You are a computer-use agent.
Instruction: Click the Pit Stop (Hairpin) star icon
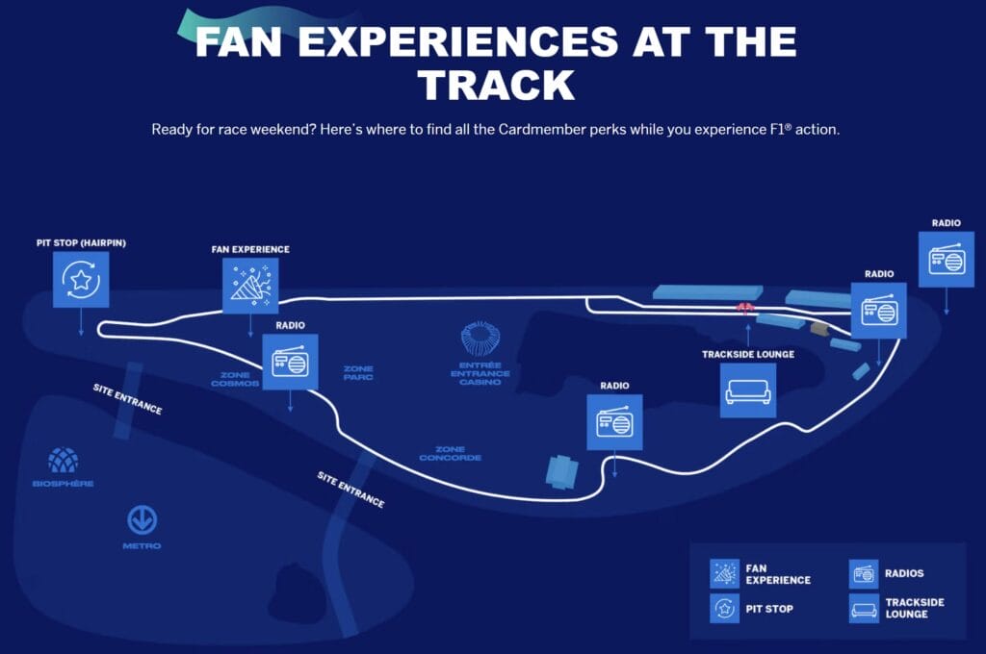(81, 280)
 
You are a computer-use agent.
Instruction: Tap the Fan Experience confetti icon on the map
(250, 286)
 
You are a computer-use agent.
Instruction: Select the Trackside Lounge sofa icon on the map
(748, 390)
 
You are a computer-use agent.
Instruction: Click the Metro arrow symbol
(143, 520)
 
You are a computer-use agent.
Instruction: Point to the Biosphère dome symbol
(64, 461)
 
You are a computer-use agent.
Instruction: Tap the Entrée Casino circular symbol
(480, 340)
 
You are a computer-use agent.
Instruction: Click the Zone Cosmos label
(236, 379)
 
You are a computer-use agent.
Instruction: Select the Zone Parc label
(358, 373)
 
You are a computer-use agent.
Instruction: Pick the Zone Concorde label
(450, 453)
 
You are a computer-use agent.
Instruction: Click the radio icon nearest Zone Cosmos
(290, 362)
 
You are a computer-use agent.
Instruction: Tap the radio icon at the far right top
(947, 259)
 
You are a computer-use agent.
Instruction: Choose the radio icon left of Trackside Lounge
(614, 422)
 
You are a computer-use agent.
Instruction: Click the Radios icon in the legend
(864, 574)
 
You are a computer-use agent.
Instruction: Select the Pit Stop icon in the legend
(724, 609)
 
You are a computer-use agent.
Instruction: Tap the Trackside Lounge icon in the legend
(864, 609)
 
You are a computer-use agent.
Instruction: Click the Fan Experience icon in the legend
(724, 574)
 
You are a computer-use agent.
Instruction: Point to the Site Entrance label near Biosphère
(127, 399)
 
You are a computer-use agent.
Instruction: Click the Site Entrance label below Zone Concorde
(350, 490)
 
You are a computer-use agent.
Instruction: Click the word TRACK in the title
(496, 85)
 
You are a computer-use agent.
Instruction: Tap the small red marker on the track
(744, 307)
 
